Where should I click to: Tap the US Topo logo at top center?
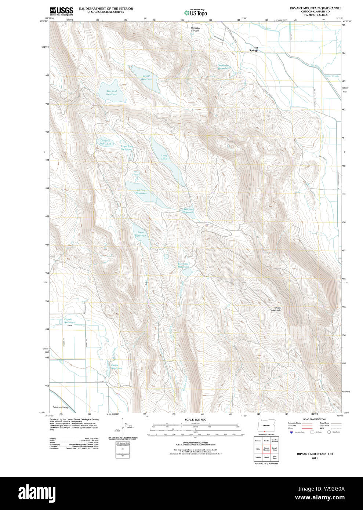(x=196, y=12)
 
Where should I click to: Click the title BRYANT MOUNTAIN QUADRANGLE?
(x=315, y=8)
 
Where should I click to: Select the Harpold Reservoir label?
(x=112, y=92)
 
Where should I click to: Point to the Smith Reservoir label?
(x=146, y=77)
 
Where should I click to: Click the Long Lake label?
(x=164, y=157)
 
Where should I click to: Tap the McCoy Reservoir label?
(x=141, y=192)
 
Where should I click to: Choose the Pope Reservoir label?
(x=141, y=234)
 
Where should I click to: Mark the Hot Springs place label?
(x=253, y=49)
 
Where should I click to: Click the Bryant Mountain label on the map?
(x=277, y=309)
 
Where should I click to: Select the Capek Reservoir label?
(x=69, y=321)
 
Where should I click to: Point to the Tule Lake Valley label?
(x=60, y=407)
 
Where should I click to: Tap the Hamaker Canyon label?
(x=195, y=29)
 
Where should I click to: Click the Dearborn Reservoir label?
(x=223, y=67)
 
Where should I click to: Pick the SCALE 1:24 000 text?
(x=195, y=419)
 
